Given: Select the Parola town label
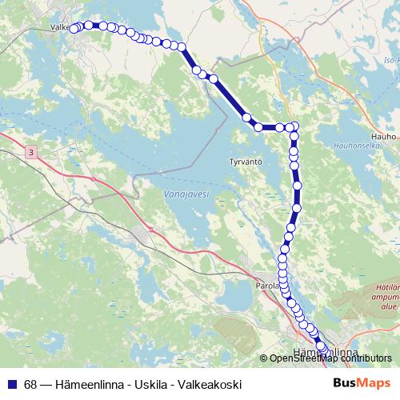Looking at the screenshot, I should pos(266,285).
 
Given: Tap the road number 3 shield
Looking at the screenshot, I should pos(30,151).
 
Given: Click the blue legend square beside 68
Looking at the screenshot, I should pos(11,384).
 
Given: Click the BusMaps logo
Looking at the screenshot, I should pos(362,384).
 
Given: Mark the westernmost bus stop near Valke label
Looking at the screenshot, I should pos(74,29).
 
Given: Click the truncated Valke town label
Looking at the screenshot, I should pos(61,26).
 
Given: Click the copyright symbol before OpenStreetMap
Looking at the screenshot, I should pos(265,358).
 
